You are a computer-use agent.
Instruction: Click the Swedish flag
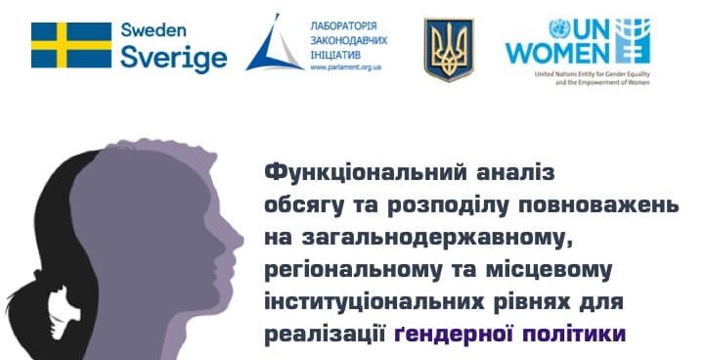[71, 45]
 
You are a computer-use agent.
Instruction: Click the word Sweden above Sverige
[154, 30]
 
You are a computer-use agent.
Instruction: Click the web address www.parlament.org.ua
[346, 67]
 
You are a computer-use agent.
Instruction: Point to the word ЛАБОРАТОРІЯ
[344, 26]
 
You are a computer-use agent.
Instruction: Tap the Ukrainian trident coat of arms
[449, 50]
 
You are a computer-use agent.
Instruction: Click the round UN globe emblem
[559, 28]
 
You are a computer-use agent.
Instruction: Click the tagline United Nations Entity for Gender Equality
[593, 74]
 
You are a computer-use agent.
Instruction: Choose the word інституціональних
[374, 302]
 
